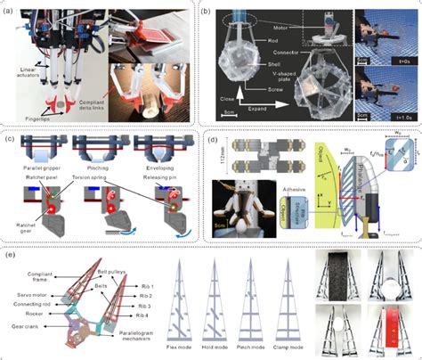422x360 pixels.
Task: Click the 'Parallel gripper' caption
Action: tap(43, 167)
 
